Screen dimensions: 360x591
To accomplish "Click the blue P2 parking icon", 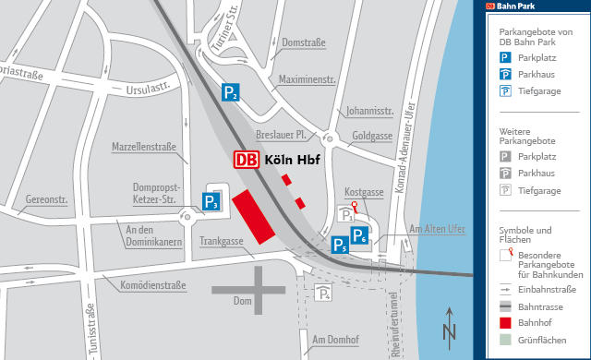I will pyautogui.click(x=231, y=92).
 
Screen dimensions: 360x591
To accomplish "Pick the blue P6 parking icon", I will pyautogui.click(x=360, y=235).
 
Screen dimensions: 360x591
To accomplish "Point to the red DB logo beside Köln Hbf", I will pyautogui.click(x=246, y=160).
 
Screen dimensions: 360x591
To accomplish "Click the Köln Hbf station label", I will pyautogui.click(x=292, y=160).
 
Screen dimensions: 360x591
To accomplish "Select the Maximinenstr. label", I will pyautogui.click(x=307, y=80).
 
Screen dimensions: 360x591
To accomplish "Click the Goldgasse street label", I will pyautogui.click(x=373, y=136).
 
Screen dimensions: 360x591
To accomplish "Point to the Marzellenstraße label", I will pyautogui.click(x=144, y=147).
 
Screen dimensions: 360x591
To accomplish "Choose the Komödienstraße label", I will pyautogui.click(x=155, y=287).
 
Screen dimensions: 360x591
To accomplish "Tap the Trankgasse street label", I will pyautogui.click(x=222, y=242).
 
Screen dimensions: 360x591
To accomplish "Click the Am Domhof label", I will pyautogui.click(x=335, y=340).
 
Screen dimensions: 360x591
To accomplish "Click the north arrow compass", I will pyautogui.click(x=450, y=325).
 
